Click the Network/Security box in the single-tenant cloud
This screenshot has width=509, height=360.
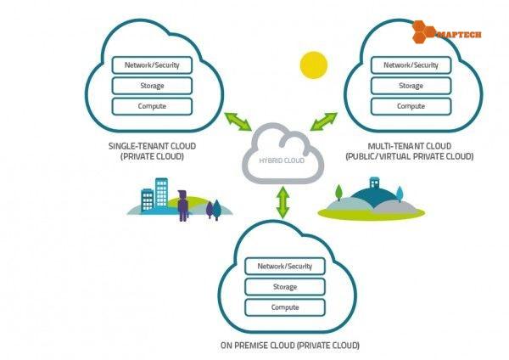(x=152, y=65)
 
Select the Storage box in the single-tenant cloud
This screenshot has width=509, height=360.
(x=152, y=86)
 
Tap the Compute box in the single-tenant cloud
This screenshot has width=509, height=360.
(x=152, y=107)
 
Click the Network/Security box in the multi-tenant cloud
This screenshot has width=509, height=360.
(x=411, y=65)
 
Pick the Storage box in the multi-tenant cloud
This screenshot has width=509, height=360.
(x=411, y=86)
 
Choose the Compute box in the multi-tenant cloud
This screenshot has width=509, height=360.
(x=411, y=107)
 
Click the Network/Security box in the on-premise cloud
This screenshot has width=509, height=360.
(x=284, y=266)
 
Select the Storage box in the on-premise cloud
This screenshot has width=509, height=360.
(x=284, y=286)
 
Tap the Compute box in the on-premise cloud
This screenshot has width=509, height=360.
(x=284, y=307)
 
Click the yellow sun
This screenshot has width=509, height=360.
(x=313, y=65)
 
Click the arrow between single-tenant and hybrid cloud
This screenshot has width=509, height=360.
(x=239, y=121)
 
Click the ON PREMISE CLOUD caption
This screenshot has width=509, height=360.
(x=289, y=345)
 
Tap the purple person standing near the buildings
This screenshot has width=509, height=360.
(x=182, y=205)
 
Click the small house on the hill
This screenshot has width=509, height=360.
(x=374, y=183)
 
